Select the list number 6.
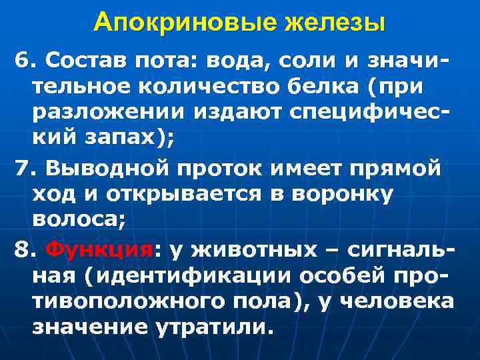23,62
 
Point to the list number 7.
23,170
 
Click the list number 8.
23,250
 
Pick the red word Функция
101,250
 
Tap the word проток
223,170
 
